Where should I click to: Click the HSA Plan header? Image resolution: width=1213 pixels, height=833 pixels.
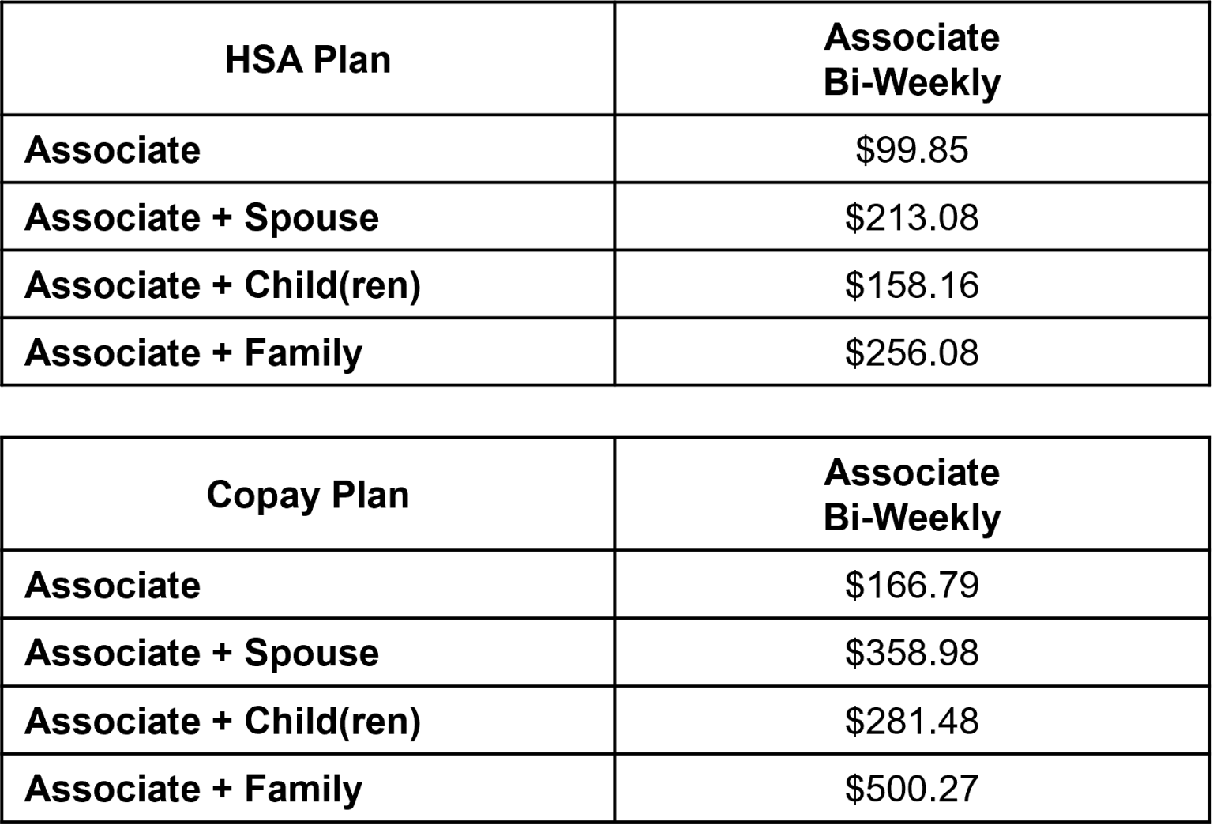tap(308, 60)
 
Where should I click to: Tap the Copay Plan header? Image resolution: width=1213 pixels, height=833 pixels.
tap(308, 496)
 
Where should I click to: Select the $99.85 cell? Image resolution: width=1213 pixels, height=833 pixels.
tap(911, 150)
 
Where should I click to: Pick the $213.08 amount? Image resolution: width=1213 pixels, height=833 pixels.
tap(911, 218)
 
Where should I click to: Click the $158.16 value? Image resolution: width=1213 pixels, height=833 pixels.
tap(911, 285)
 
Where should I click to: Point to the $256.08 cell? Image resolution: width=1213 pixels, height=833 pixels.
tap(911, 353)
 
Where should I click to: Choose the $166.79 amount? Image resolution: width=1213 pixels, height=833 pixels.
tap(911, 586)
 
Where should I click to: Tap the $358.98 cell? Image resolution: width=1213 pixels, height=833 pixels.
tap(911, 654)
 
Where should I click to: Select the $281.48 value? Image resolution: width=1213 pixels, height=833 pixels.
tap(911, 721)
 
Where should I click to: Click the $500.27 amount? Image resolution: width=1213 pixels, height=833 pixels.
tap(911, 789)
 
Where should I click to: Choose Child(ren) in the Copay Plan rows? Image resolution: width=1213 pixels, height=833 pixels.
tap(332, 722)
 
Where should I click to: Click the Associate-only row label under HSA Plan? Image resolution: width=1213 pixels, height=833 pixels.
tap(113, 150)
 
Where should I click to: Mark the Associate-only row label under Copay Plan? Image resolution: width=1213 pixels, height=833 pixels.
tap(113, 586)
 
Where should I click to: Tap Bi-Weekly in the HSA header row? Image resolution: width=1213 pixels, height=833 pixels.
tap(912, 83)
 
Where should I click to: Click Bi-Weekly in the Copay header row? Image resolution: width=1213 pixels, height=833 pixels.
tap(912, 518)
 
